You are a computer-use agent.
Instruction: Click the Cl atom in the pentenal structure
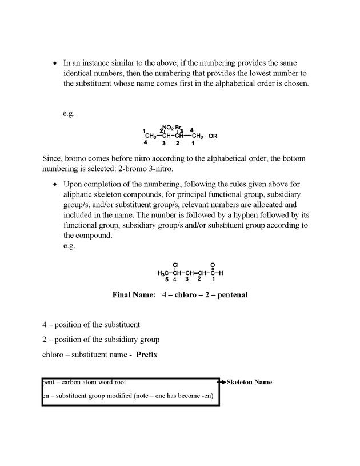[x=176, y=265]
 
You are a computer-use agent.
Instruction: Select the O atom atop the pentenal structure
[x=213, y=265]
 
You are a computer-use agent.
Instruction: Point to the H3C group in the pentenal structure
[x=163, y=273]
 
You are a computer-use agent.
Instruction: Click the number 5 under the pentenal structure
[x=166, y=280]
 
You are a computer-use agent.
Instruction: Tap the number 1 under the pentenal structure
[x=213, y=280]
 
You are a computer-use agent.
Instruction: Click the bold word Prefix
[x=147, y=355]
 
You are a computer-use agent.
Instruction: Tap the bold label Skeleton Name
[x=249, y=382]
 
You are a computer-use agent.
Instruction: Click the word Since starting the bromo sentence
[x=52, y=158]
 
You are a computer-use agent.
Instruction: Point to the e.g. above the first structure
[x=69, y=113]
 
